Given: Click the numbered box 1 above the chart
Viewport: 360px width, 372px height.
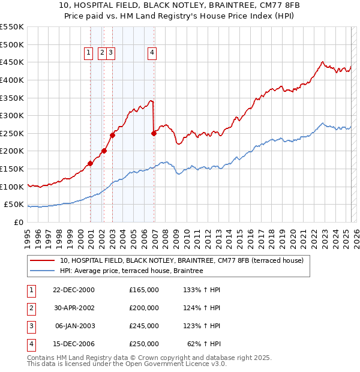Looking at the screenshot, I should (89, 53).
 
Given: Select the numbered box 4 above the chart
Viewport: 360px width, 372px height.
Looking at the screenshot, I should (152, 53).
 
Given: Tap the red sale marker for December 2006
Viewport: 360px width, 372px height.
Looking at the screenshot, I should (154, 133).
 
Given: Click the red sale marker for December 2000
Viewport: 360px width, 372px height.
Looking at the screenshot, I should (90, 163).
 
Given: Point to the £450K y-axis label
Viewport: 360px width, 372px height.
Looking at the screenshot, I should (12, 62).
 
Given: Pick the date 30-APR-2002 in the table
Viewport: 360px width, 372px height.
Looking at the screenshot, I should (74, 308).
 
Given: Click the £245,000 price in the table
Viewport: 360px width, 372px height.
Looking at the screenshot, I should (144, 326).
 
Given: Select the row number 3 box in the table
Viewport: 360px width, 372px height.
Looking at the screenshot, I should (31, 326).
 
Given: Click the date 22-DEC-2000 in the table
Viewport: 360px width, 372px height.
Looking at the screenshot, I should (74, 290).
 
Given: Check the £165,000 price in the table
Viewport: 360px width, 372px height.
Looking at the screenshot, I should (144, 290).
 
